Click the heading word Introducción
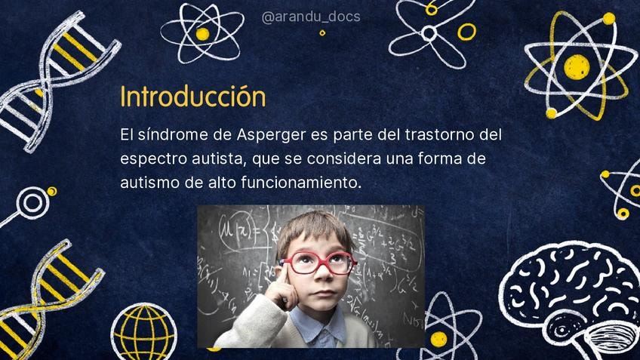tap(192, 97)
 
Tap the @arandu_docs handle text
tap(311, 17)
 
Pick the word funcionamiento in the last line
tap(301, 182)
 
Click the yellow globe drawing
tap(144, 331)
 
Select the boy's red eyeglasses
tap(318, 263)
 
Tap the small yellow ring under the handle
tap(322, 33)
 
